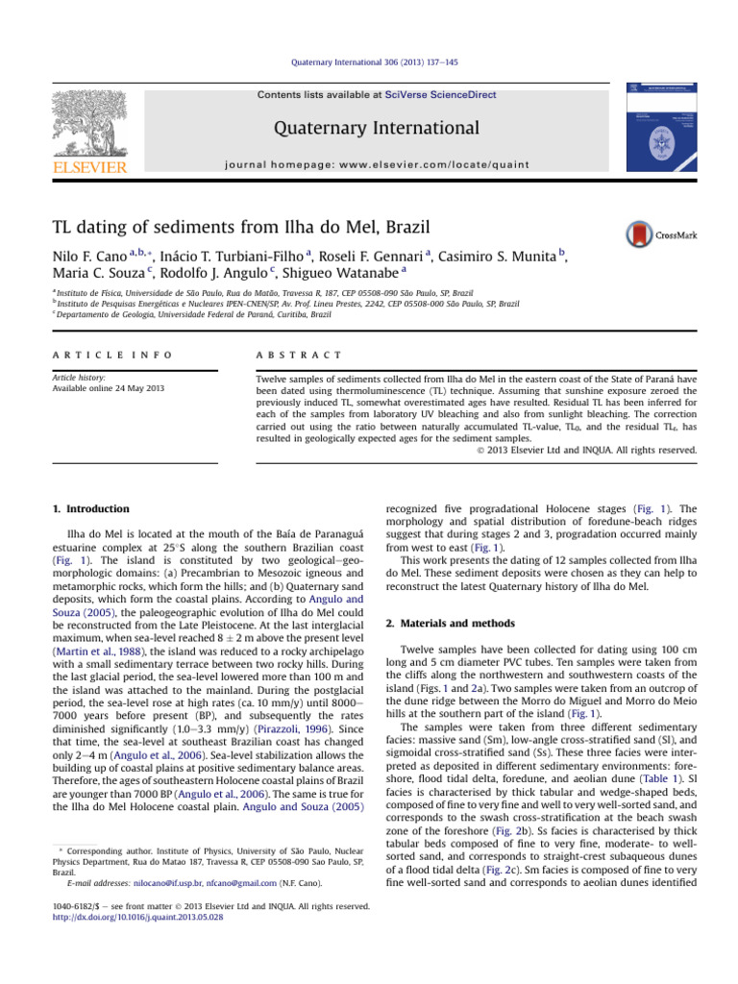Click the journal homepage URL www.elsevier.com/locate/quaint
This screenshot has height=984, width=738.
pyautogui.click(x=437, y=164)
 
